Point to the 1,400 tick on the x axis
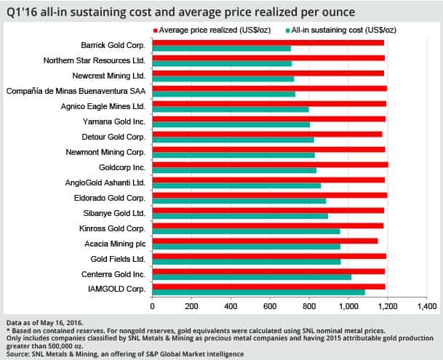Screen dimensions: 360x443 (x=427, y=308)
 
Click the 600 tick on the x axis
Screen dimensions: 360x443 (x=270, y=308)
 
